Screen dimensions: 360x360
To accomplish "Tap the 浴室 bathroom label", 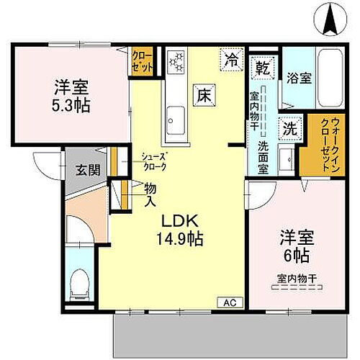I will coord(300,78).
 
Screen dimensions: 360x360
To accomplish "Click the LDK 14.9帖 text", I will coord(181,229).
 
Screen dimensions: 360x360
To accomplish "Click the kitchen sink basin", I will coord(175,115).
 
